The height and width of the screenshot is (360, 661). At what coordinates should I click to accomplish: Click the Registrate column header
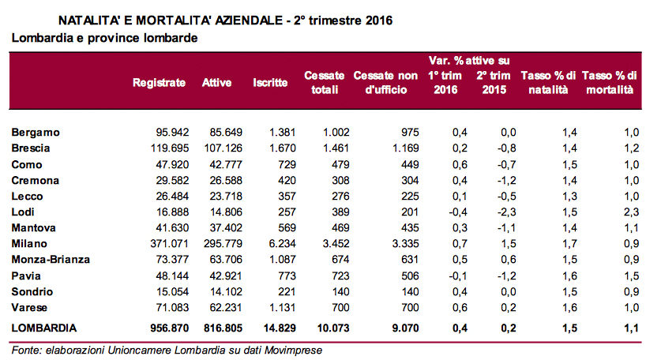[159, 83]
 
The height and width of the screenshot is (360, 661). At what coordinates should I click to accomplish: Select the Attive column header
[217, 83]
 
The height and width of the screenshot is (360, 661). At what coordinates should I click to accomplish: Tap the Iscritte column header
[270, 83]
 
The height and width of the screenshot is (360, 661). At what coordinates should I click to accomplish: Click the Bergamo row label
[36, 132]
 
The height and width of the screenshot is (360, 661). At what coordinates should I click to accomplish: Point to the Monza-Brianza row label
[51, 260]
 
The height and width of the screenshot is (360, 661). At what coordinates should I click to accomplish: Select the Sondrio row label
[33, 291]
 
